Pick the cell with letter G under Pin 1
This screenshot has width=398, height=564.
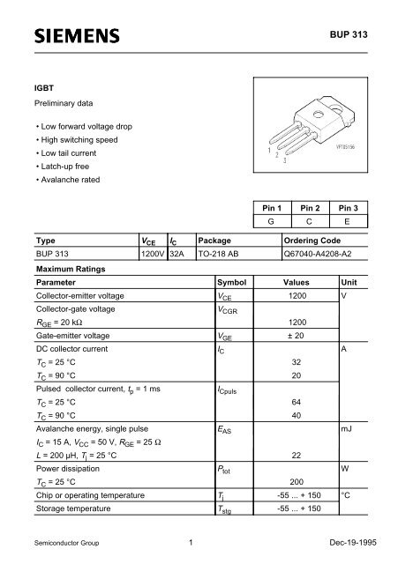tap(265, 222)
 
